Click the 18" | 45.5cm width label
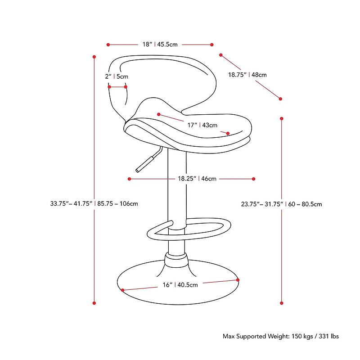click(160, 45)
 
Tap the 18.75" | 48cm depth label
click(247, 75)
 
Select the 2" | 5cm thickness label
click(117, 76)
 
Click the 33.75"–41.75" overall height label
click(94, 203)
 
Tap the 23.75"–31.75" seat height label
click(281, 204)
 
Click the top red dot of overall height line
click(94, 57)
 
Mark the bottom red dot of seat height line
click(282, 303)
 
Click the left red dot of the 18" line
click(108, 45)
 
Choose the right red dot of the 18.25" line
click(254, 179)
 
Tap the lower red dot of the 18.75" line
click(280, 99)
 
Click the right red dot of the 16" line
click(238, 280)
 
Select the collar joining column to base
click(176, 261)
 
